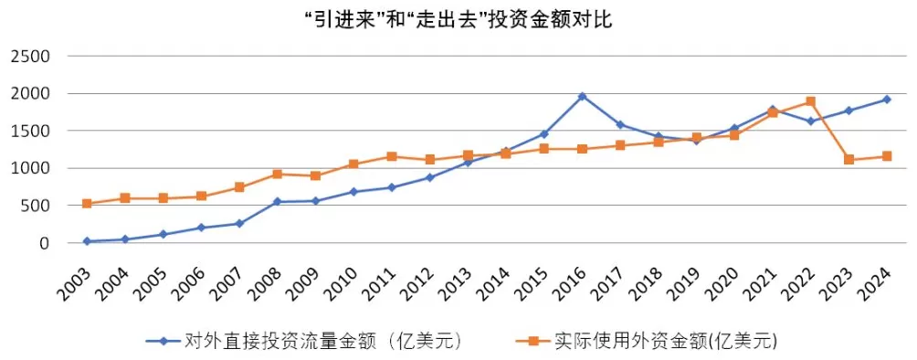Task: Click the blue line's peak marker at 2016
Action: coord(582,96)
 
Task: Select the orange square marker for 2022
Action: coord(810,101)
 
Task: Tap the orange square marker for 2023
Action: coord(848,160)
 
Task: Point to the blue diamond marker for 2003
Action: coord(87,241)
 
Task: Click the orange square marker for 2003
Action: coord(87,204)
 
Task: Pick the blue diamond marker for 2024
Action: coord(886,100)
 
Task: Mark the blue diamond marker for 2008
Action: coord(277,202)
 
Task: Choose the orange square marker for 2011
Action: coord(391,156)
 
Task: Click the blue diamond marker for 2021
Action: coord(772,110)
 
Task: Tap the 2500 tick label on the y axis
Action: coord(31,57)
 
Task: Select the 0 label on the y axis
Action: coord(44,243)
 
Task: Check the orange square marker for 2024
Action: coord(886,156)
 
